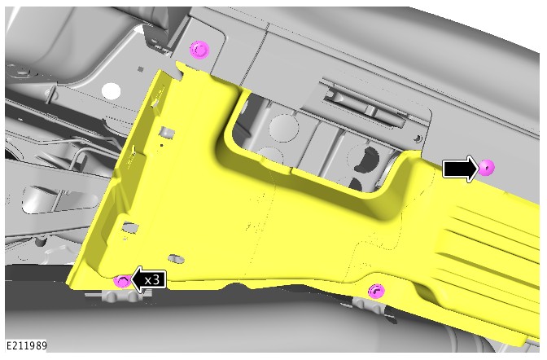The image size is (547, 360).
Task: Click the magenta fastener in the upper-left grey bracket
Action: [199, 50]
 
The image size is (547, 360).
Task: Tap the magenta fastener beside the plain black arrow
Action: [486, 168]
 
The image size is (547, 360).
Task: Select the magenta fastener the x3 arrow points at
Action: [122, 281]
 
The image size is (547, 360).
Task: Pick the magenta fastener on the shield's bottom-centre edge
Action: [376, 291]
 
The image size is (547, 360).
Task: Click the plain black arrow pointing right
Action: [461, 169]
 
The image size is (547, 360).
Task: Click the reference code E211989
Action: [27, 345]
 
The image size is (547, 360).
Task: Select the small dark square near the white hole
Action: [141, 69]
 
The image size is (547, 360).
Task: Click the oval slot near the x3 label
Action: [176, 259]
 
